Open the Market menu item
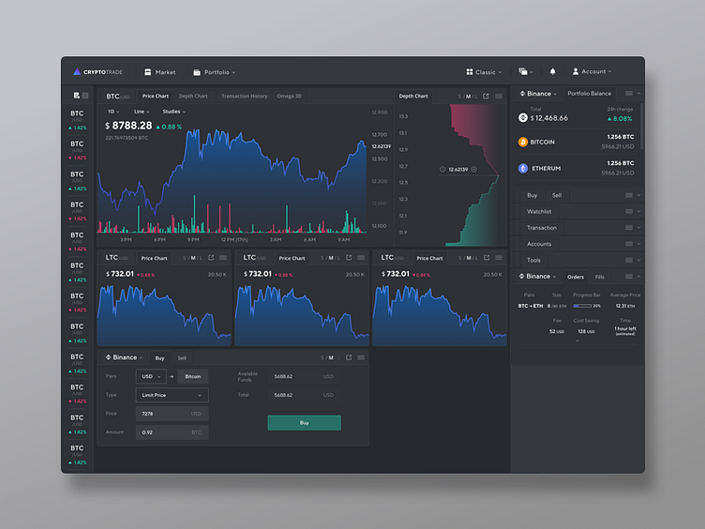(159, 72)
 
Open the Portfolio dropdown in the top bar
(215, 72)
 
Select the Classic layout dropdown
(484, 72)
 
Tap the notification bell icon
(552, 72)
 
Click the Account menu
(592, 72)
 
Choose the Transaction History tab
(244, 96)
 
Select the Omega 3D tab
(289, 96)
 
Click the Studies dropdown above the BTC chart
(173, 112)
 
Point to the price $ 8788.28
(129, 126)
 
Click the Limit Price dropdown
(172, 396)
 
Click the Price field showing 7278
(172, 414)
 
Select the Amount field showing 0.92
(172, 432)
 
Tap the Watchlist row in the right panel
(539, 212)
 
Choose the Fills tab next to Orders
(600, 277)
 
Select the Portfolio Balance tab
(589, 94)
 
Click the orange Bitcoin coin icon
(523, 143)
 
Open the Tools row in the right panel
(533, 260)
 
